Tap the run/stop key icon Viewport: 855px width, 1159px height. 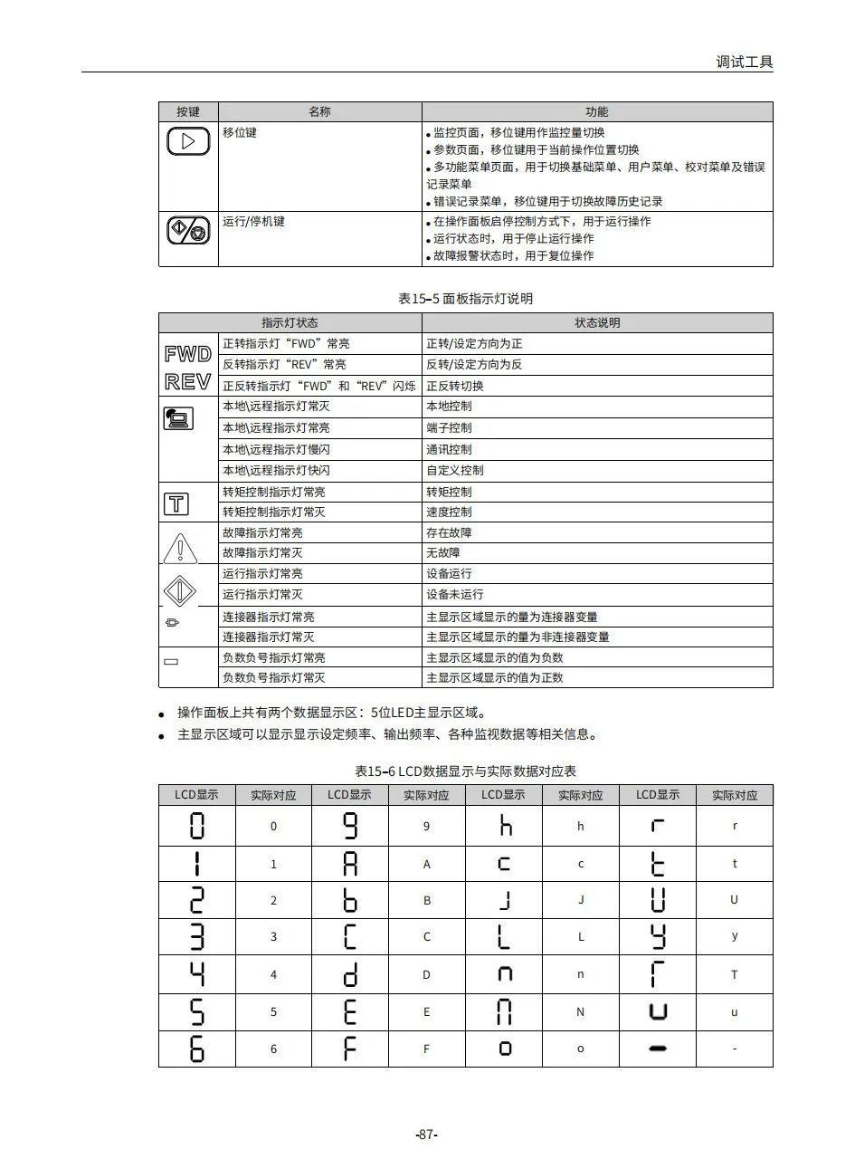(x=188, y=231)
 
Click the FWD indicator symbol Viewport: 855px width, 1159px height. (x=188, y=354)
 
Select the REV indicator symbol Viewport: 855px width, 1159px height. (x=188, y=381)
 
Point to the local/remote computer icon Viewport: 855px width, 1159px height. (x=177, y=417)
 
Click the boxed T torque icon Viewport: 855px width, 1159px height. (x=177, y=503)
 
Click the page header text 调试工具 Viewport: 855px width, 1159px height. (x=744, y=62)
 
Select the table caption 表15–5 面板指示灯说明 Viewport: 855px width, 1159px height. (x=465, y=298)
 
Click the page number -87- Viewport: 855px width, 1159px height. (x=426, y=1135)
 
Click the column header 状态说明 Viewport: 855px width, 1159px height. (x=597, y=322)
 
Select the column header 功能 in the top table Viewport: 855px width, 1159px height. (x=596, y=111)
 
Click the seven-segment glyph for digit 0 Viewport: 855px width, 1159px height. (x=196, y=826)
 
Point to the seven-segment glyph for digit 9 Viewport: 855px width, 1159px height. (x=350, y=826)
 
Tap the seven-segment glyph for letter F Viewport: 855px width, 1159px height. (x=350, y=1048)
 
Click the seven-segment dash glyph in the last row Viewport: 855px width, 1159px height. (x=658, y=1049)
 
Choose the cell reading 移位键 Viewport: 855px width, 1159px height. (x=240, y=132)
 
